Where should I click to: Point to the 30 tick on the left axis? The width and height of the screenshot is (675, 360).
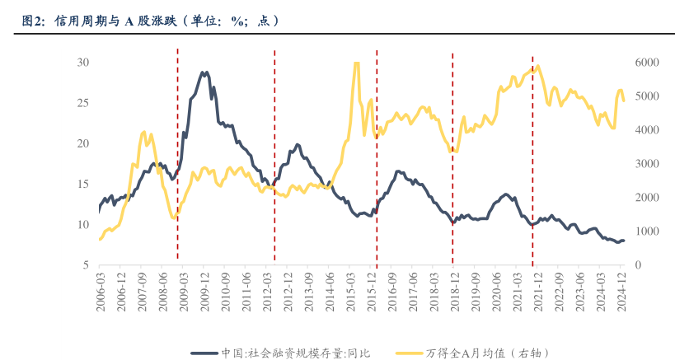(82, 63)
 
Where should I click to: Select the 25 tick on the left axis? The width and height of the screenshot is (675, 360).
(82, 103)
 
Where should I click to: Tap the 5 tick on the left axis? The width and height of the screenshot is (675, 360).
(86, 265)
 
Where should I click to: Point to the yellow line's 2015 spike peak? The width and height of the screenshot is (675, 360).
(356, 63)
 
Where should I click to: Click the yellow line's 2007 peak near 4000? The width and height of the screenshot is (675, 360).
(143, 132)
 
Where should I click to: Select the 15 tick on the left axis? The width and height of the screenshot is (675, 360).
(82, 184)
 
